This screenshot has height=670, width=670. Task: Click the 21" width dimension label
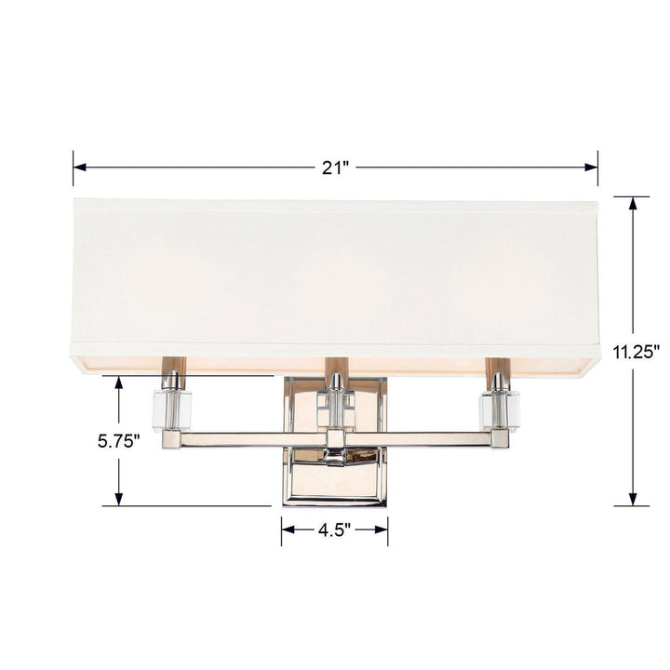click(335, 168)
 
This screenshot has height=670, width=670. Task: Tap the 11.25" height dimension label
click(636, 352)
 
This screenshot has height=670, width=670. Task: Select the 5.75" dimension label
click(118, 441)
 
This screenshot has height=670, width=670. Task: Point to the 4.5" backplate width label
click(334, 530)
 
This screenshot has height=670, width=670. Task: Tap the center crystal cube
click(335, 406)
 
